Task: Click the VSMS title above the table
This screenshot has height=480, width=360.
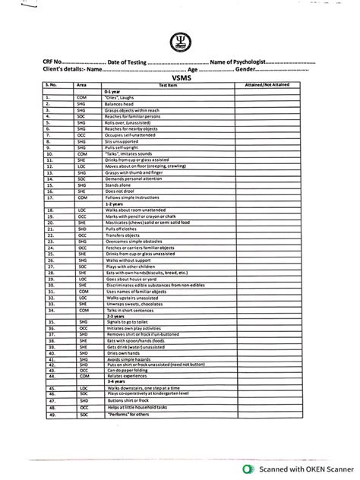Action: pyautogui.click(x=181, y=77)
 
